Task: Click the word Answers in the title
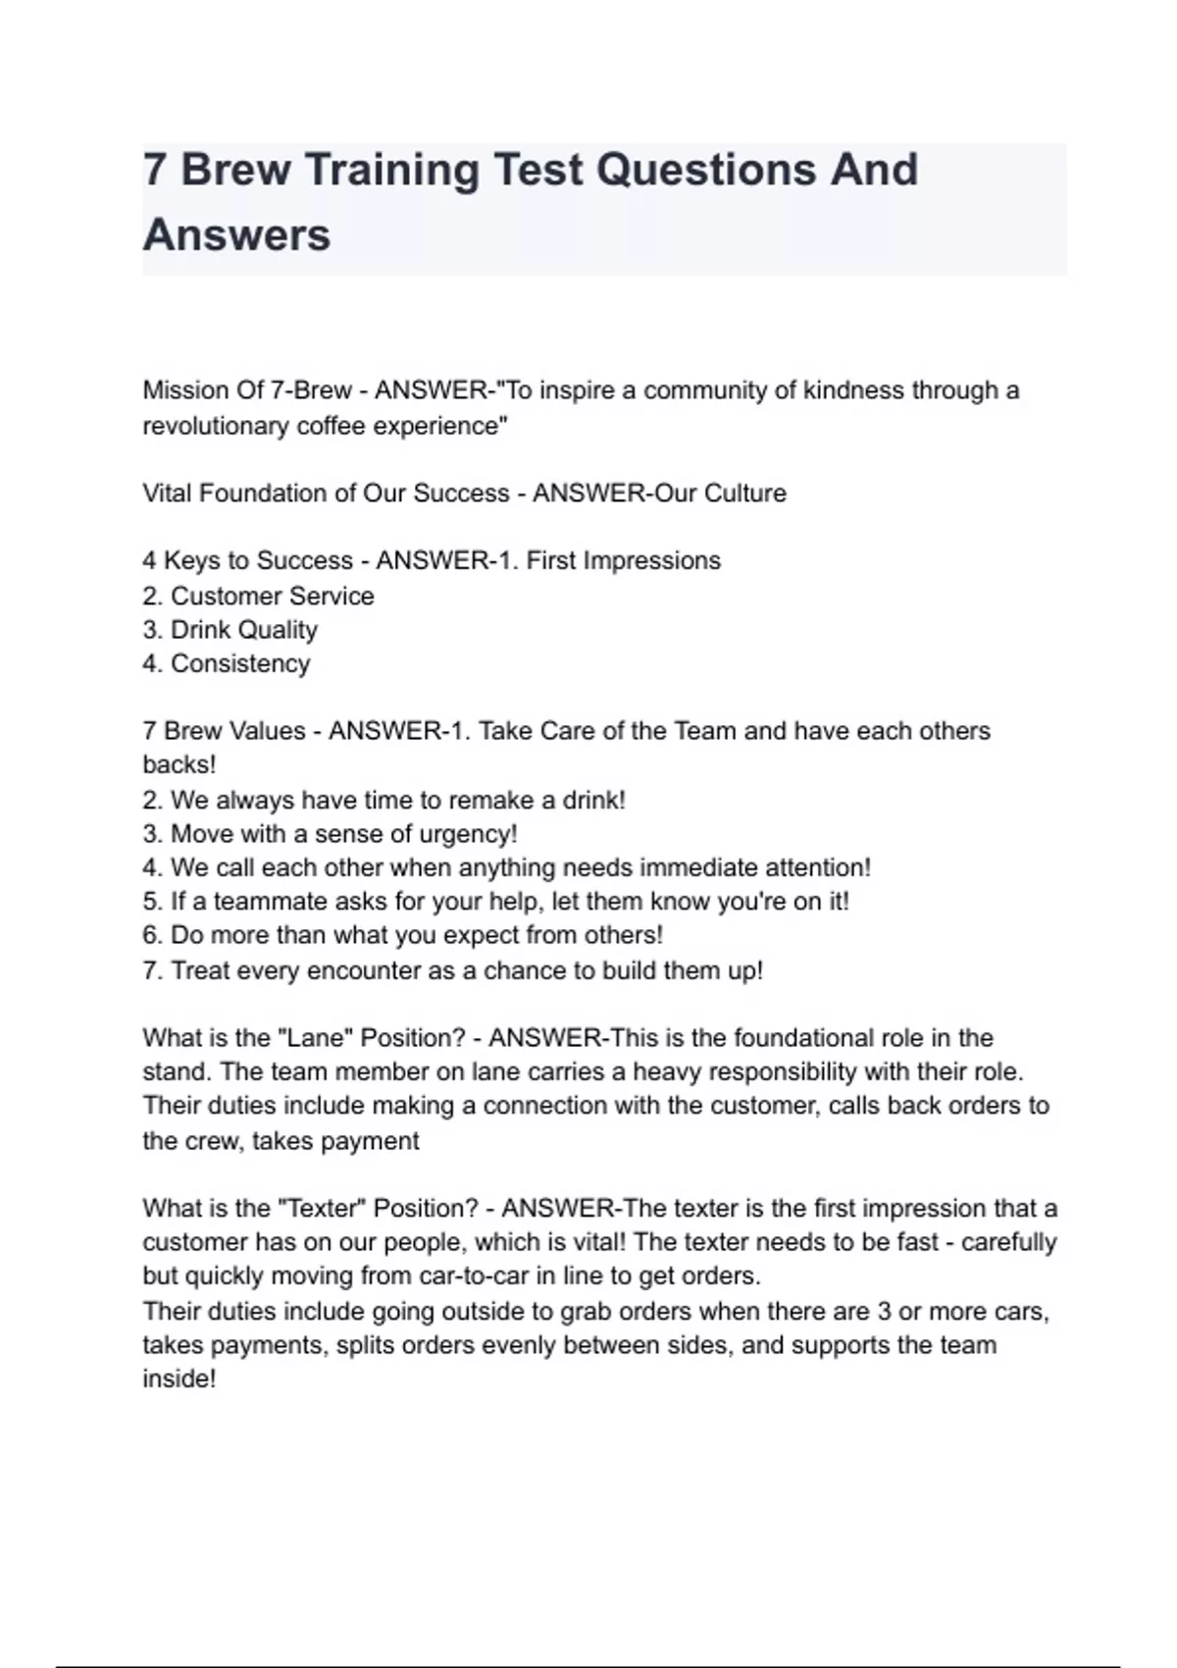tap(236, 235)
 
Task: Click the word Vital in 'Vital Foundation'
tap(168, 493)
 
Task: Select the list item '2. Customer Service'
tap(258, 596)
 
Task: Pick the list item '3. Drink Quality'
tap(230, 630)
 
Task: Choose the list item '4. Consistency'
tap(226, 663)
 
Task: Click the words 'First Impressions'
tap(623, 560)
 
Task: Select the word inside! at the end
tap(179, 1379)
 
